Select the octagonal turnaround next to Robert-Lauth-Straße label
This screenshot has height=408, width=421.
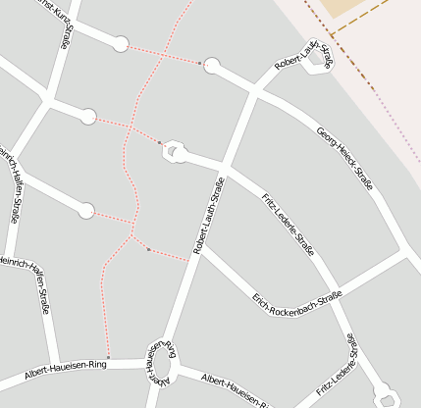pos(321,56)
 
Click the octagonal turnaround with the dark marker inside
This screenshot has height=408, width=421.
pos(174,150)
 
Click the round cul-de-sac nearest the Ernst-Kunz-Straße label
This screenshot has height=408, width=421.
pos(121,44)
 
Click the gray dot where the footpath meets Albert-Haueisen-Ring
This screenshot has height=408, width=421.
pos(107,357)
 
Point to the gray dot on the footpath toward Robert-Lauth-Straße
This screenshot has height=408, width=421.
pos(148,249)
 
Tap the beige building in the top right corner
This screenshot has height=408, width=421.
pos(348,8)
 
